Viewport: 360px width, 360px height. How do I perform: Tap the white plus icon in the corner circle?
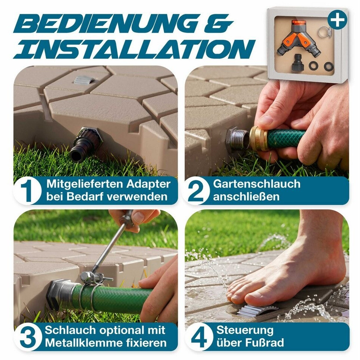pos(337,20)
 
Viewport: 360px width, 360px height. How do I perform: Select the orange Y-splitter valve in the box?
pos(296,40)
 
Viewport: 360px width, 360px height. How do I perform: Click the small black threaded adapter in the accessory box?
pos(298,62)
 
